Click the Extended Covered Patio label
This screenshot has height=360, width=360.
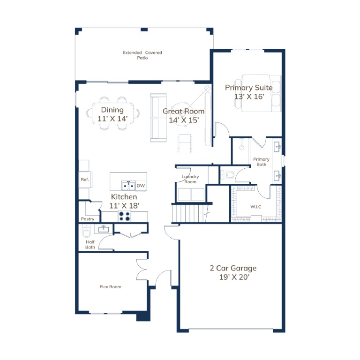click(142, 55)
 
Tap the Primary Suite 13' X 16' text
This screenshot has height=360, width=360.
click(249, 92)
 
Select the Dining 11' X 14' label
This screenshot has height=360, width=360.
click(112, 114)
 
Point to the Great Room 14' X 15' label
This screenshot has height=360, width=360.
click(184, 115)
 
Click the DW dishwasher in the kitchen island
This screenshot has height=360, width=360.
click(141, 186)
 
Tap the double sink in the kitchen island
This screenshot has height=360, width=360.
click(128, 186)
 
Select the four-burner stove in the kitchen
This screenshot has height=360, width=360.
click(124, 216)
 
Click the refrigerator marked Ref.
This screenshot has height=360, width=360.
click(85, 180)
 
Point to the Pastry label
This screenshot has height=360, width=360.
click(88, 219)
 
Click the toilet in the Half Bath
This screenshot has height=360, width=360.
click(87, 232)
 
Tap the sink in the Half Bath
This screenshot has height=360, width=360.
click(104, 229)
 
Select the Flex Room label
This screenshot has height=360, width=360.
click(111, 287)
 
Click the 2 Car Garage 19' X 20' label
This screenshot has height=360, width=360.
click(233, 272)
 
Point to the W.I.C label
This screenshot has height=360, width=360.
click(256, 207)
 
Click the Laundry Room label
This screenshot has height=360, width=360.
click(190, 179)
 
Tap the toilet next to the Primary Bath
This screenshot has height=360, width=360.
click(227, 175)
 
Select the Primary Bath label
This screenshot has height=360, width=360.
click(261, 162)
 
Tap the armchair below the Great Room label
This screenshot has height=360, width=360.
click(185, 143)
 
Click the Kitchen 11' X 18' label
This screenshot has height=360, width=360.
click(124, 201)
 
